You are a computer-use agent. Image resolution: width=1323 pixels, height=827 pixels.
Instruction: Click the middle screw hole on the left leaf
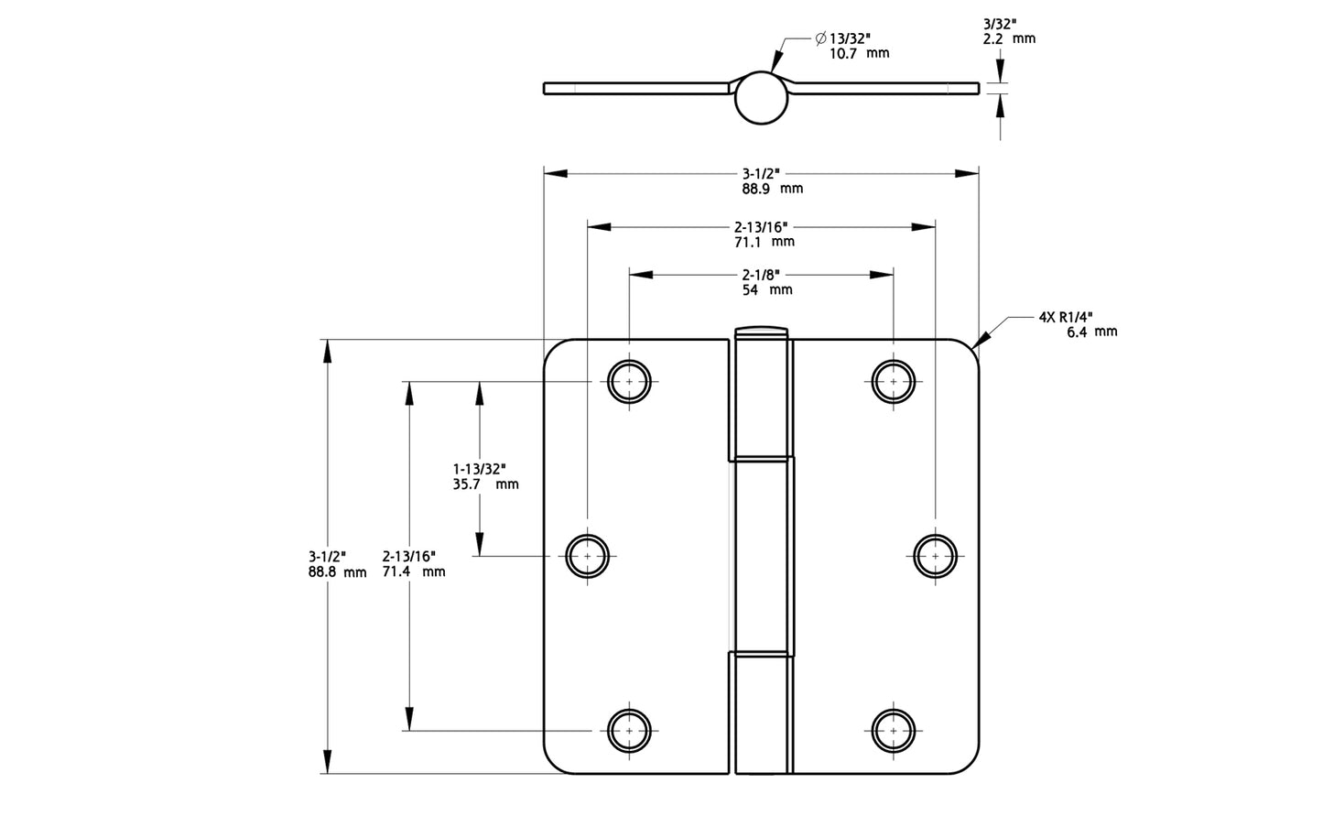click(587, 555)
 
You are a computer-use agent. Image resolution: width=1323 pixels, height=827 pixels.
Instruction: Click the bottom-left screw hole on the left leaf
click(630, 731)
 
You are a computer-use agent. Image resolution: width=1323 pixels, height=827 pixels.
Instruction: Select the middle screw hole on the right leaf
click(935, 555)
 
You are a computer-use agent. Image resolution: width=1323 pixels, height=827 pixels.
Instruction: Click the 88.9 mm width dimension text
click(772, 189)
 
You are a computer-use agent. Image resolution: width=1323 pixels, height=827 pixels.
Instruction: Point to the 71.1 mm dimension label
click(764, 242)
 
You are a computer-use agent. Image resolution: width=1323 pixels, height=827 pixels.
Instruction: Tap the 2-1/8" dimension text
click(761, 274)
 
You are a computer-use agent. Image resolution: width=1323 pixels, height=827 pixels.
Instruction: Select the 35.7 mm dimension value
click(485, 484)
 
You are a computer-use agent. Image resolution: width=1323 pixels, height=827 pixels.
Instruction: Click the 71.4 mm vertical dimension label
click(414, 571)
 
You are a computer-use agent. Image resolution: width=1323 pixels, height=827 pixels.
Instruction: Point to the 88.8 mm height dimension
click(337, 572)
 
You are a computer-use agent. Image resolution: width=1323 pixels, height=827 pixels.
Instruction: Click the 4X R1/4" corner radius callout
click(1066, 317)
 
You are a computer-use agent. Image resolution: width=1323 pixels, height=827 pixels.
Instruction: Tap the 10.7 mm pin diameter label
click(858, 54)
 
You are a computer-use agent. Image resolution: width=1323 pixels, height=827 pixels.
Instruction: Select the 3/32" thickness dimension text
click(1005, 24)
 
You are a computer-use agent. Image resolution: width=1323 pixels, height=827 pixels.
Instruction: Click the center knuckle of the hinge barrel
click(762, 556)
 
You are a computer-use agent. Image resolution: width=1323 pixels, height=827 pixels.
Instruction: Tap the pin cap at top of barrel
click(761, 331)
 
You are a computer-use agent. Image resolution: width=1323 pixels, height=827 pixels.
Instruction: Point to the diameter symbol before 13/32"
click(820, 38)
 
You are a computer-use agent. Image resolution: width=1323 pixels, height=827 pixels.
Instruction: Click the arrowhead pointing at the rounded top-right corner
click(980, 344)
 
